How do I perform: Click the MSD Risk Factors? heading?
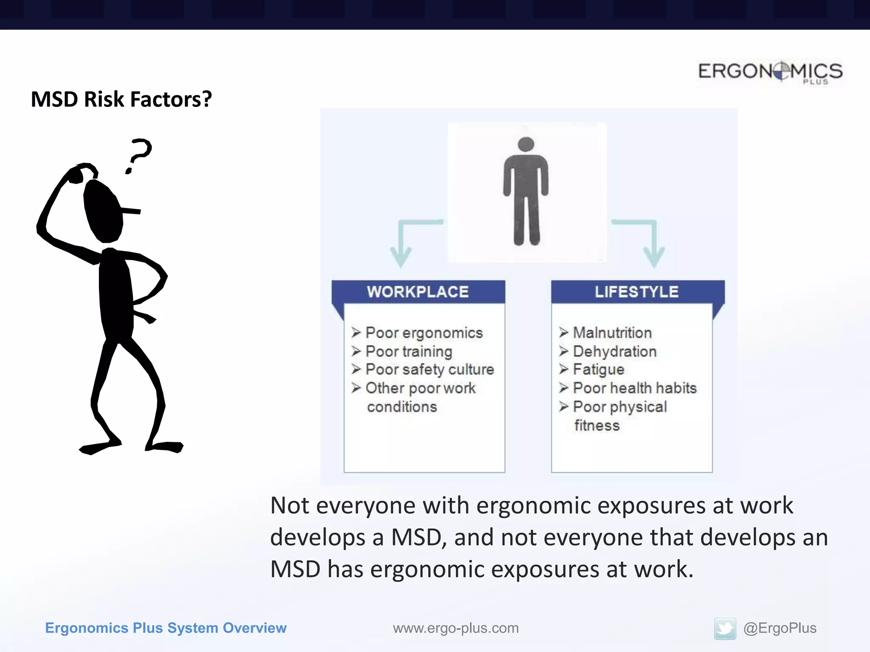[x=121, y=99]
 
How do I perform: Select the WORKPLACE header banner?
[x=418, y=292]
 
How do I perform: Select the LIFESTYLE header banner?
[x=637, y=292]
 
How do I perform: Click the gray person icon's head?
[x=526, y=144]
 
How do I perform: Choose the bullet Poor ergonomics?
[x=424, y=333]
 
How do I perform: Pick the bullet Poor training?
[x=409, y=351]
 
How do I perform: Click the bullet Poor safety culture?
[x=429, y=369]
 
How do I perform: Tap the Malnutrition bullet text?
[x=612, y=333]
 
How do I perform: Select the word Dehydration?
[x=615, y=351]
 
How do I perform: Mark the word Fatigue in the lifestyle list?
[x=599, y=369]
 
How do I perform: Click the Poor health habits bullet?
[x=635, y=388]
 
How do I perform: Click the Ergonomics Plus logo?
[x=770, y=72]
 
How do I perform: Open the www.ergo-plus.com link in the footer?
[x=455, y=628]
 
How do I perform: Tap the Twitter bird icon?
[x=725, y=628]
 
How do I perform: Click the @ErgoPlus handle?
[x=780, y=628]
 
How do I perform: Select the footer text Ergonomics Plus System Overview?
[x=166, y=628]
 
